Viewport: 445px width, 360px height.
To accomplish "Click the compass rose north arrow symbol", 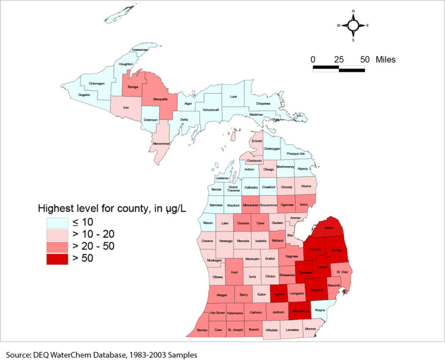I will (353, 25).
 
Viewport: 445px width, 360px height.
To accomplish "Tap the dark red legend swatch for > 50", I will (57, 258).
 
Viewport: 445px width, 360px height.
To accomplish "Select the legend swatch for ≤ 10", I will (57, 222).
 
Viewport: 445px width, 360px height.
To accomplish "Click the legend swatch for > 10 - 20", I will (57, 234).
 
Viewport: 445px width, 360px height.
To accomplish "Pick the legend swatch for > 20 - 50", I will (57, 246).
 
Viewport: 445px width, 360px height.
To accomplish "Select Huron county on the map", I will (329, 228).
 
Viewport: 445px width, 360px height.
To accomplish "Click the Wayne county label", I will (320, 310).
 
